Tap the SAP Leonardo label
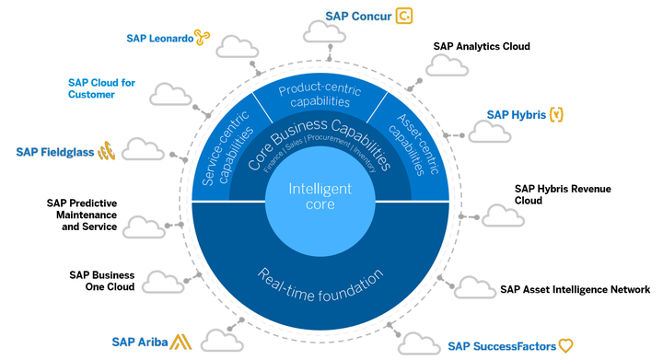(x=159, y=38)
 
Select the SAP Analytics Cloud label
(x=482, y=46)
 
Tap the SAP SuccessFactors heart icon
(x=566, y=346)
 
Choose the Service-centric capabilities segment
(x=220, y=144)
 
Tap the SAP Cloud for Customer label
(x=101, y=88)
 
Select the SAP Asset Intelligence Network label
(x=575, y=289)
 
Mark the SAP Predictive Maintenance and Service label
(x=82, y=215)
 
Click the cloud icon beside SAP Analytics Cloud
(x=446, y=64)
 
